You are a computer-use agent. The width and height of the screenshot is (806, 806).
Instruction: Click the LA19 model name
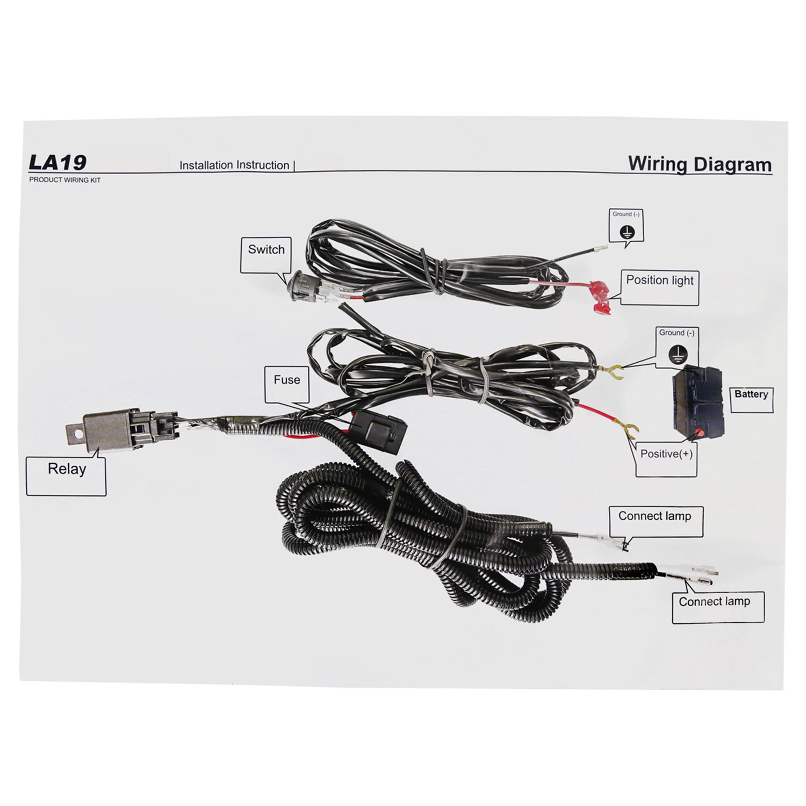click(x=57, y=162)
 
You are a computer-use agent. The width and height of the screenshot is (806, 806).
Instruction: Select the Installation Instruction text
click(x=234, y=165)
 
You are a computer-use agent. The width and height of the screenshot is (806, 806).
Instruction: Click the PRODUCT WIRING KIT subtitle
click(x=64, y=180)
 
